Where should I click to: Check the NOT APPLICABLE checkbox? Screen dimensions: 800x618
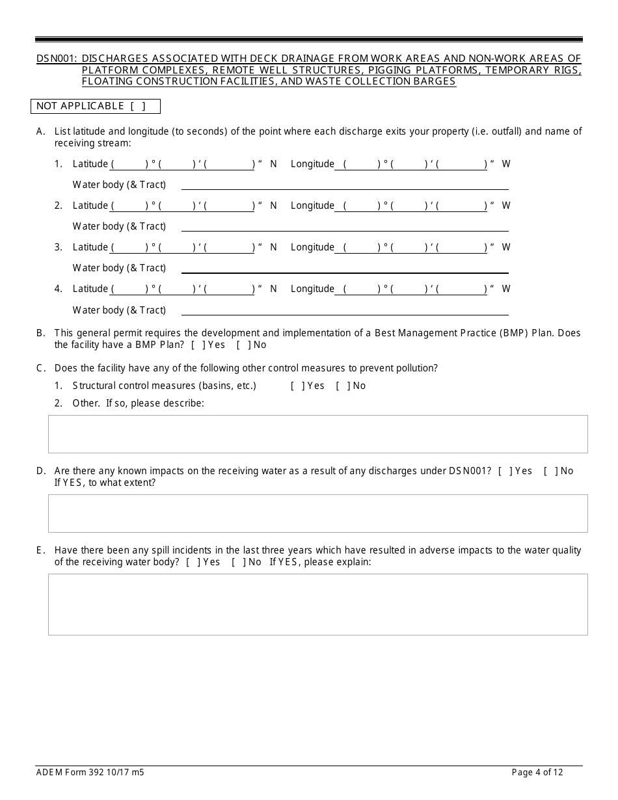coord(137,106)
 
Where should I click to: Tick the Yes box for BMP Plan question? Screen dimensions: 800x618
coord(197,345)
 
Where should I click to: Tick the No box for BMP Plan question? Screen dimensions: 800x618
coord(242,345)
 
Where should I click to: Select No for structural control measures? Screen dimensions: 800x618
coord(342,386)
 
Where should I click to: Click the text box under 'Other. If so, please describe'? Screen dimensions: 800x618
coord(317,434)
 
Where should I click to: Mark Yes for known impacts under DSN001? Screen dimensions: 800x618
coord(504,471)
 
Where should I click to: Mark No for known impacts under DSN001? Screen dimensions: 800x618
coord(550,471)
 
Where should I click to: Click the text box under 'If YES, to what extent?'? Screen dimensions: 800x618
coord(317,513)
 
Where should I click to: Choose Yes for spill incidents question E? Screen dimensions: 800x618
coord(192,562)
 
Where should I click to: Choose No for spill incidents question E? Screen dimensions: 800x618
coord(237,562)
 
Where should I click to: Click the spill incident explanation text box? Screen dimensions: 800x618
coord(317,604)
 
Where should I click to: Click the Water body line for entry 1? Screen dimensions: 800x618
coord(345,185)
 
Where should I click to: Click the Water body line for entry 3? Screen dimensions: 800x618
coord(345,268)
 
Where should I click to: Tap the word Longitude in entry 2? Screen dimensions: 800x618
coord(312,206)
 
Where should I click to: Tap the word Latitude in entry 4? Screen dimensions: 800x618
coord(90,289)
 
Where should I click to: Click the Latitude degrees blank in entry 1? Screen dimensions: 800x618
coord(129,165)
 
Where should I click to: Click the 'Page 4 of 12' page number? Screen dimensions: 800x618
coord(537,773)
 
